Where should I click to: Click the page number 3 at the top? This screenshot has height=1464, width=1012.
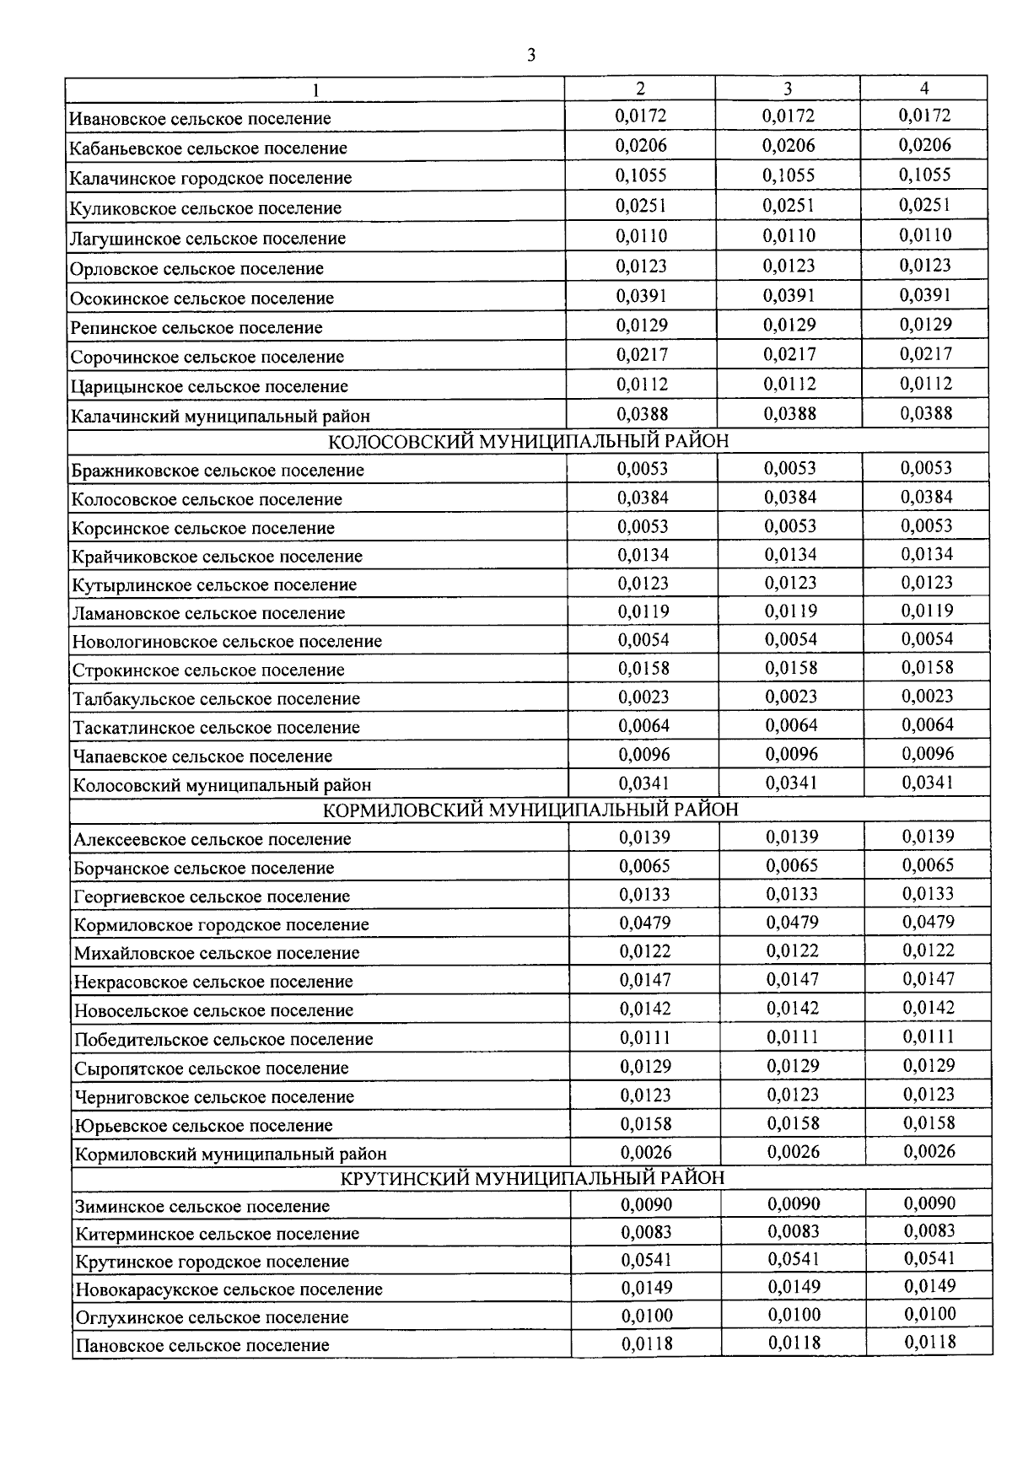pos(530,56)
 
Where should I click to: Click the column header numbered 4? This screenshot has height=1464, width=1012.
pos(924,88)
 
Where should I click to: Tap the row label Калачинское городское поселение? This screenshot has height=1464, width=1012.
pos(211,178)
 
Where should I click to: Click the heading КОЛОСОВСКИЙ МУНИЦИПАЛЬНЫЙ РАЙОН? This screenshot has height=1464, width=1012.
pos(528,442)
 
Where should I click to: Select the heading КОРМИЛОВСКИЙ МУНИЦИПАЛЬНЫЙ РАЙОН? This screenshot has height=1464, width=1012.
pos(530,810)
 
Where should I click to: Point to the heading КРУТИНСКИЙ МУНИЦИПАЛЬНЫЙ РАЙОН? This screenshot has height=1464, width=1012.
pos(532,1178)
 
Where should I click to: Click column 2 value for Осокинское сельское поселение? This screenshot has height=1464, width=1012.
pos(642,296)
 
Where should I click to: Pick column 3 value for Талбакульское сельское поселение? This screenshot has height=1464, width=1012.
pos(791,697)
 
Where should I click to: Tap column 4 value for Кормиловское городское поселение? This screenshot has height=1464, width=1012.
pos(929,922)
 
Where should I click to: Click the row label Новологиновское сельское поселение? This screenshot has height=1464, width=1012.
pos(227,642)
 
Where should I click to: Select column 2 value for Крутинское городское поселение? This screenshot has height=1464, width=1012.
pos(647,1260)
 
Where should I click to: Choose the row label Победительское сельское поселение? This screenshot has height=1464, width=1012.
pos(223,1040)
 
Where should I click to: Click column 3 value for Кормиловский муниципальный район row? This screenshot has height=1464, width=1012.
pos(794,1151)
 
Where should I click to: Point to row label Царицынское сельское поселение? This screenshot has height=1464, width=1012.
pos(209,387)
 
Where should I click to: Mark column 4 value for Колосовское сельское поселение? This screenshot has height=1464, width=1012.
pos(927,498)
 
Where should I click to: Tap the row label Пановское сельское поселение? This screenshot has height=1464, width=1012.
pos(202,1345)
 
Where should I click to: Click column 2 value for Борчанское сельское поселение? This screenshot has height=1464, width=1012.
pos(645,866)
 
